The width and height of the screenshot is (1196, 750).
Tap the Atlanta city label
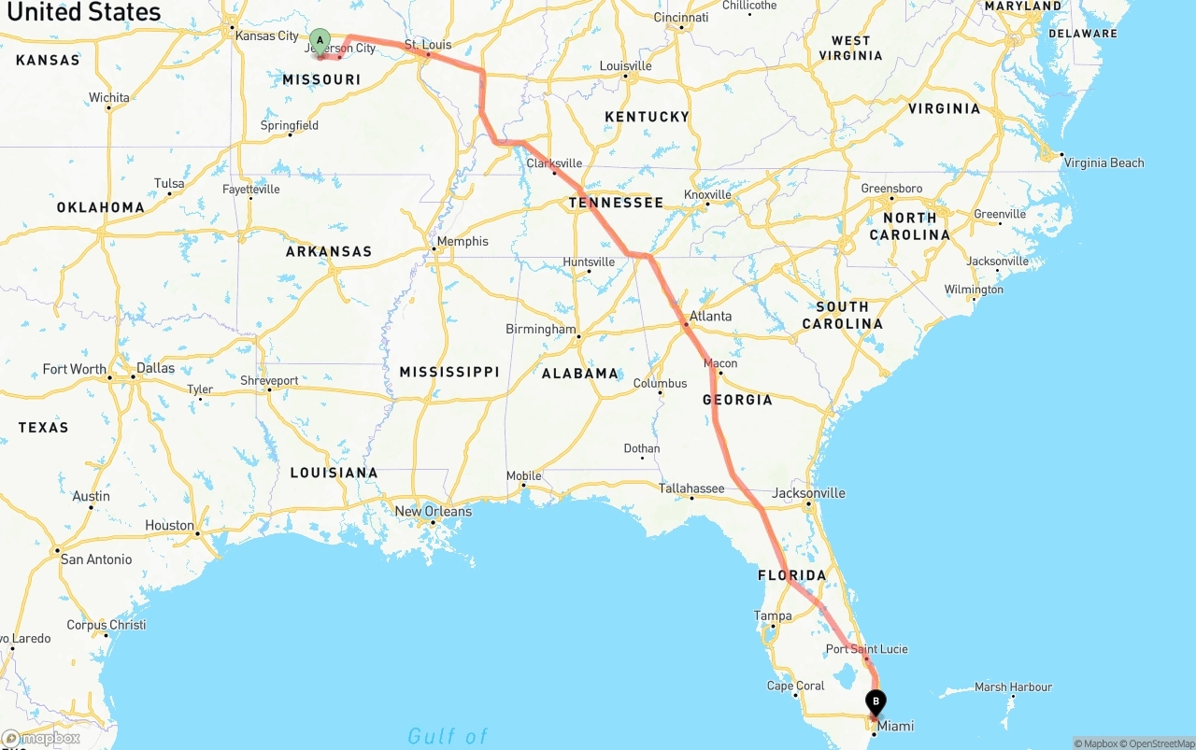710,317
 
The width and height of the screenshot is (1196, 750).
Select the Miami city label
894,726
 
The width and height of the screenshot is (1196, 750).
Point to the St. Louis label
428,45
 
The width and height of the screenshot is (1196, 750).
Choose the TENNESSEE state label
616,203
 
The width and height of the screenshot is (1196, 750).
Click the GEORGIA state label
737,400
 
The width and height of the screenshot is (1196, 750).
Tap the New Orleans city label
433,512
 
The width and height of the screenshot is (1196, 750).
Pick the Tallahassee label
691,488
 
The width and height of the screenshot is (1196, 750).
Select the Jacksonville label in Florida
809,493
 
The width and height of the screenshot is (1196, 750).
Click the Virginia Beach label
1103,163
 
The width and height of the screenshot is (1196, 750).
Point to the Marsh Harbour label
1013,687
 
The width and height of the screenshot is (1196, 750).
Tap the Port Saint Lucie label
866,649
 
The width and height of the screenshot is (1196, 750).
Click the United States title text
84,12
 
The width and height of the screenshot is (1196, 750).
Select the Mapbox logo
41,739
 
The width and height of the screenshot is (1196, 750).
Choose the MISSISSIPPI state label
449,372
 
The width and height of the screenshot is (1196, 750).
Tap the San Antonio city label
96,559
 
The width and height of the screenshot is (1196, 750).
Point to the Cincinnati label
681,18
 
